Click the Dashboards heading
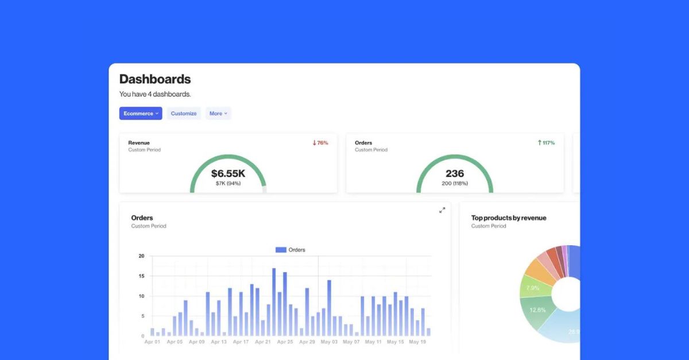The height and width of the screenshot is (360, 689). pyautogui.click(x=155, y=79)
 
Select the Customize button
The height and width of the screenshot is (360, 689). pyautogui.click(x=184, y=114)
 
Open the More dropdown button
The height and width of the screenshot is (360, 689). pyautogui.click(x=218, y=114)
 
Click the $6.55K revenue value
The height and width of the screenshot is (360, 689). pyautogui.click(x=228, y=173)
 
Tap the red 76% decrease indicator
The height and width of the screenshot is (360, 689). pyautogui.click(x=320, y=143)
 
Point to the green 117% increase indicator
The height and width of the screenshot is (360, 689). pyautogui.click(x=546, y=143)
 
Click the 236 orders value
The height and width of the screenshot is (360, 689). pyautogui.click(x=455, y=173)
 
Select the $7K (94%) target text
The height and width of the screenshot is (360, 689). pyautogui.click(x=228, y=184)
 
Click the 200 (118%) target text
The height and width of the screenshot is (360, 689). pyautogui.click(x=455, y=184)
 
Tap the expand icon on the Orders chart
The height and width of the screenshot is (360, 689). pyautogui.click(x=442, y=210)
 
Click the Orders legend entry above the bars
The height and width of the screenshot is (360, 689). pyautogui.click(x=291, y=250)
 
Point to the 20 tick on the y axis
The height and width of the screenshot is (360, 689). pyautogui.click(x=141, y=256)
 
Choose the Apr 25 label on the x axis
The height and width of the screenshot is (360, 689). pyautogui.click(x=285, y=342)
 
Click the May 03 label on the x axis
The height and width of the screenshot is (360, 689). pyautogui.click(x=329, y=342)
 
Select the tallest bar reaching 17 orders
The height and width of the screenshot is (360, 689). pyautogui.click(x=274, y=301)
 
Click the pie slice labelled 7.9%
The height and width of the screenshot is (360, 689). pyautogui.click(x=533, y=287)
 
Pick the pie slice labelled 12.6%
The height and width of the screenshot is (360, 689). pyautogui.click(x=538, y=311)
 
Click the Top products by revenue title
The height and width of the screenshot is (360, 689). pyautogui.click(x=509, y=218)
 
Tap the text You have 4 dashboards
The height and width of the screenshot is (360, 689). pyautogui.click(x=155, y=94)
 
